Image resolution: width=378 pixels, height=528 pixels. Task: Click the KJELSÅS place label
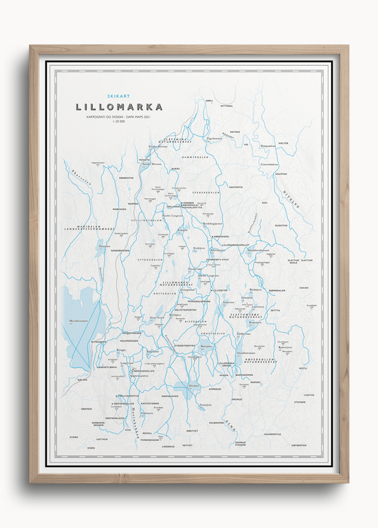[x=83, y=379]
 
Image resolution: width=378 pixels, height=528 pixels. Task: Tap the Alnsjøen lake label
[x=193, y=386]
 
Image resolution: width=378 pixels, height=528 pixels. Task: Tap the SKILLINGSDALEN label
[x=147, y=220]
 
